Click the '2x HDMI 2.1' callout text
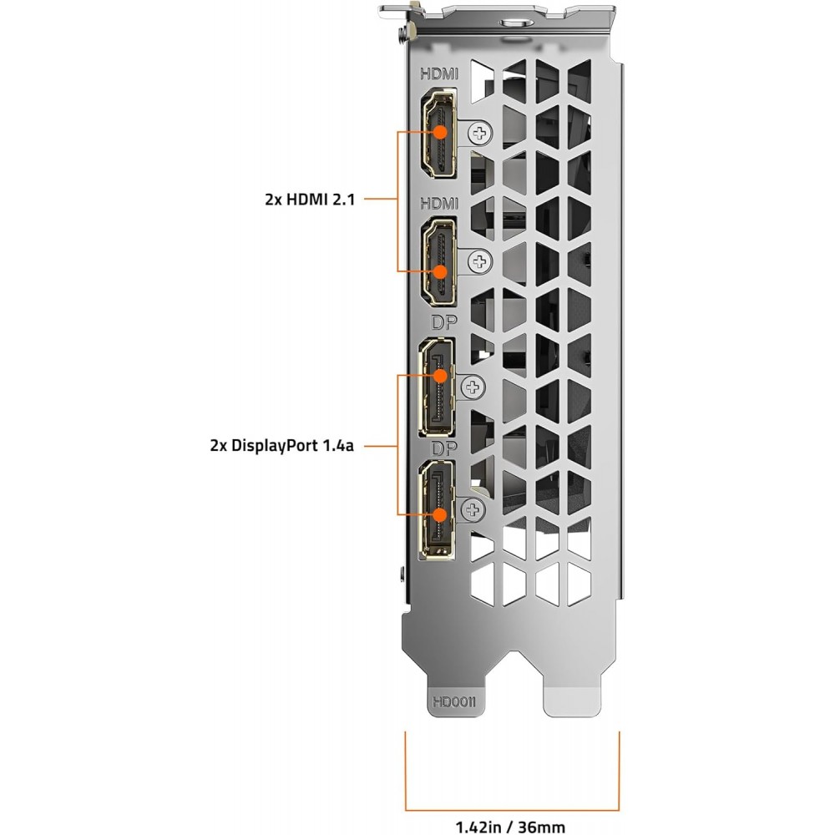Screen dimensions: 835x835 click(x=310, y=200)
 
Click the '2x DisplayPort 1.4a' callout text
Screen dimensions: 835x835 click(x=281, y=445)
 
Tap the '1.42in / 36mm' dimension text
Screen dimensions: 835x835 click(x=510, y=827)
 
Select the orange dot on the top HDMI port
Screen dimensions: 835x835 click(x=440, y=132)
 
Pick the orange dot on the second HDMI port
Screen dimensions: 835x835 click(x=440, y=271)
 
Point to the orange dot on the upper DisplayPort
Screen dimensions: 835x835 click(x=440, y=376)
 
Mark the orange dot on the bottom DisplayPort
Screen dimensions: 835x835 click(x=440, y=515)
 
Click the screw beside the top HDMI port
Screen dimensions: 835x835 click(x=480, y=133)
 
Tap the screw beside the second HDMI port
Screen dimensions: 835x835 click(x=480, y=261)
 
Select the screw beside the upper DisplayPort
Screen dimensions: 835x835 click(x=473, y=387)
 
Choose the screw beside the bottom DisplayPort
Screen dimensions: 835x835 click(x=473, y=510)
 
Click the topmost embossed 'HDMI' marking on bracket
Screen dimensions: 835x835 click(x=439, y=74)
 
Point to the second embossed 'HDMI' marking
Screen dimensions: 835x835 click(x=439, y=204)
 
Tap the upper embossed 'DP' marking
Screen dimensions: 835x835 click(x=443, y=322)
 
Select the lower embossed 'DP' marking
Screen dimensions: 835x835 click(x=443, y=448)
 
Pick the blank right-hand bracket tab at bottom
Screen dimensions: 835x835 click(x=573, y=692)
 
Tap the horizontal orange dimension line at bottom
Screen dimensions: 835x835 click(x=513, y=810)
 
